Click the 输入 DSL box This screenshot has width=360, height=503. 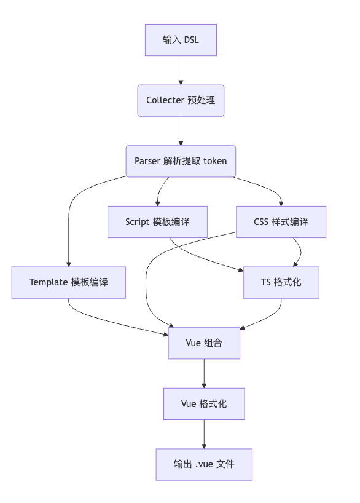(x=181, y=40)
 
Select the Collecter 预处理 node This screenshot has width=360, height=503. (x=181, y=100)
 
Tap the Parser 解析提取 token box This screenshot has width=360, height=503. (x=181, y=161)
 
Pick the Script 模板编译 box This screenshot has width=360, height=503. (x=157, y=221)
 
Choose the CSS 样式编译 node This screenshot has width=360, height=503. (x=281, y=221)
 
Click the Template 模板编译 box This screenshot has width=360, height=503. (x=69, y=282)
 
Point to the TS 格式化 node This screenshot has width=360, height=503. (x=281, y=282)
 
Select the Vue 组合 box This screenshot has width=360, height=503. (x=204, y=343)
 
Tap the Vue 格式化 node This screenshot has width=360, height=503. (x=204, y=403)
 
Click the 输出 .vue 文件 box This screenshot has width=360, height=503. (x=204, y=464)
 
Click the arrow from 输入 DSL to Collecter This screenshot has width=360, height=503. (x=181, y=70)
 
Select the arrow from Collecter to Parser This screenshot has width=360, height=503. (x=181, y=131)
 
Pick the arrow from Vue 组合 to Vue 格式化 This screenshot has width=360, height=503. (x=204, y=373)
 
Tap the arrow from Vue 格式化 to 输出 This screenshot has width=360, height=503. (x=204, y=434)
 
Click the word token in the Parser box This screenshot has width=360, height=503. (x=215, y=161)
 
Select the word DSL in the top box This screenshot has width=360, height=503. (x=192, y=40)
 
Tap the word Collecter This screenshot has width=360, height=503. (x=165, y=100)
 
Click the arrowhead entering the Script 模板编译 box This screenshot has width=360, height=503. (x=157, y=204)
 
